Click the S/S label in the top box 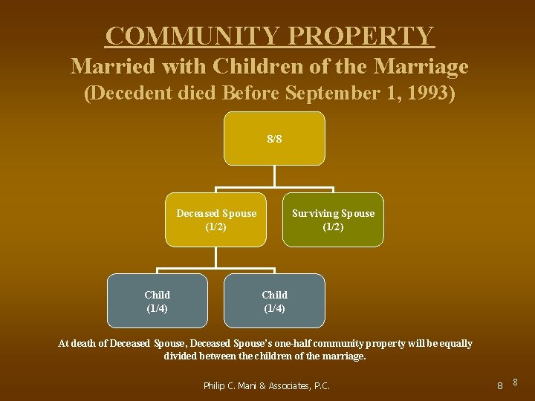(274, 139)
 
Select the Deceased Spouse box (215, 220)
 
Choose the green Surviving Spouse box (333, 220)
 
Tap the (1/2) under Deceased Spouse (215, 226)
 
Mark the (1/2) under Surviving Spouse (333, 226)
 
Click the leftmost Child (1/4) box (157, 301)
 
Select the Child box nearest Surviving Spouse (274, 301)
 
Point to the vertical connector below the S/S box (274, 175)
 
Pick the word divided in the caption (181, 356)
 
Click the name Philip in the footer (217, 385)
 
